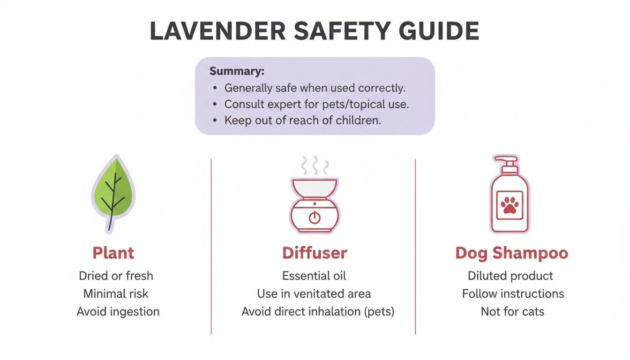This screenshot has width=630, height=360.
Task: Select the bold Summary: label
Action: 237,72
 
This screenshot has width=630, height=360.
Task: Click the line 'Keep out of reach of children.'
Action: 303,120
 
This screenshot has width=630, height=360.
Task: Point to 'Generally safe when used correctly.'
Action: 315,88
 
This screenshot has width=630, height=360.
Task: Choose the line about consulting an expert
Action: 317,104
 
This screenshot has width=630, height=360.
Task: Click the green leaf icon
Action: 113,192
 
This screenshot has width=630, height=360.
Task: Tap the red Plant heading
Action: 113,253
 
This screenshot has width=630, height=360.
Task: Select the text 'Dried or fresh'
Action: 116,276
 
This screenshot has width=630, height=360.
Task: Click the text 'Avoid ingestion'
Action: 118,311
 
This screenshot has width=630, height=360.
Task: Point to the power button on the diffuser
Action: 315,217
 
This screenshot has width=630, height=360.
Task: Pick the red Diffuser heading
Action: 315,253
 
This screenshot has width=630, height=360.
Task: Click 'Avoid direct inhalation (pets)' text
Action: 318,311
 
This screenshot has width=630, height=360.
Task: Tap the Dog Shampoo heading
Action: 511,253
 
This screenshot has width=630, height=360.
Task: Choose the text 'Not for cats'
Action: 512,311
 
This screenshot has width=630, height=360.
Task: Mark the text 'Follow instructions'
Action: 513,294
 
